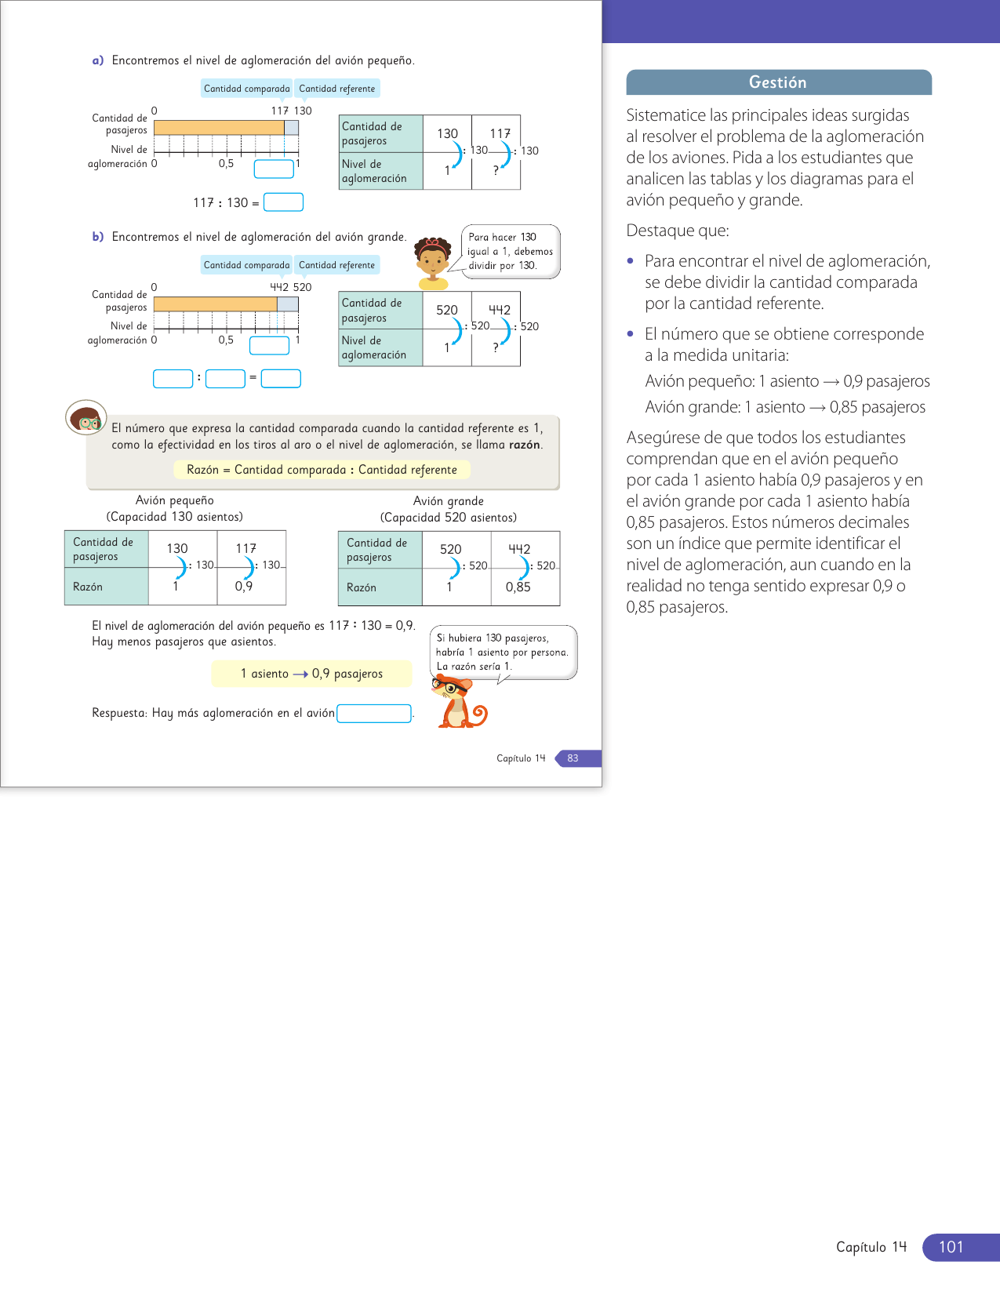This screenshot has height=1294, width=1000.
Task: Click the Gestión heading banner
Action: pos(778,82)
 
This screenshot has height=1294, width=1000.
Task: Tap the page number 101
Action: pos(951,1247)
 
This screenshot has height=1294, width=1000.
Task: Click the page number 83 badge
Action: pos(573,758)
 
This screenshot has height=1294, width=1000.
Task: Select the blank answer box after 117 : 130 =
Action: pos(283,202)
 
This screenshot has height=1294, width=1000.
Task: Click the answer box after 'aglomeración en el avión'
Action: pos(374,713)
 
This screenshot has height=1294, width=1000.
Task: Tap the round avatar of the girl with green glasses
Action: pos(85,419)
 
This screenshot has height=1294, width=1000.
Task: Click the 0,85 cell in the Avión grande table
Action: pos(518,587)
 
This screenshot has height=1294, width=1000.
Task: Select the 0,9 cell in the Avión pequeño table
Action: pos(244,586)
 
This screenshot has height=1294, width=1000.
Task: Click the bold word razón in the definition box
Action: pos(525,445)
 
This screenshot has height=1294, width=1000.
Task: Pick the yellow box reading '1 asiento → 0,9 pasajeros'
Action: pos(311,674)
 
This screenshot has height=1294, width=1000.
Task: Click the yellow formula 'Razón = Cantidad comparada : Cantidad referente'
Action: pos(322,470)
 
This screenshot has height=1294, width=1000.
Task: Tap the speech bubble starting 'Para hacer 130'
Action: pos(510,251)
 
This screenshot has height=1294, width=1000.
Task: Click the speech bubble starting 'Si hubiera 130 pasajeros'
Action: pos(503,652)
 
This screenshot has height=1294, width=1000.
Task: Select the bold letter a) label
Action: pos(98,60)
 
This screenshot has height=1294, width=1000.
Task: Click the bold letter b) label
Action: pos(98,237)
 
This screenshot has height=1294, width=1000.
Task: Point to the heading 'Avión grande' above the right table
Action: pos(448,501)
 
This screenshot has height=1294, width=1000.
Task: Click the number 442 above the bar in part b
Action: pos(279,287)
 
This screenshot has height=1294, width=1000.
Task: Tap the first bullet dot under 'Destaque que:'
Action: pos(631,261)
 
